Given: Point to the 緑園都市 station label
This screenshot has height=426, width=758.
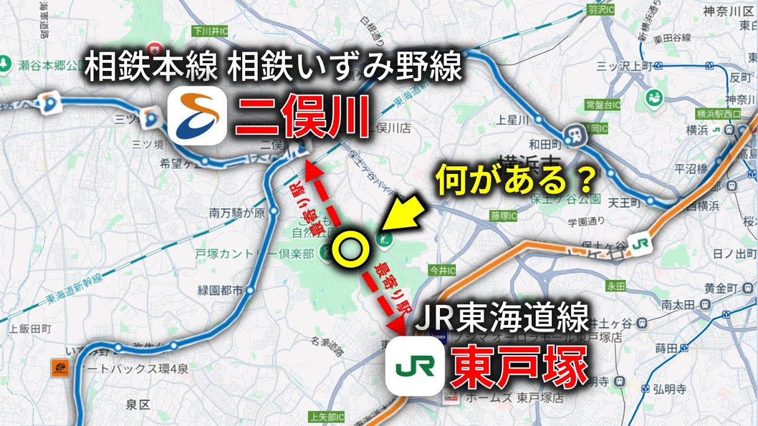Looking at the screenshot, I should (220, 291).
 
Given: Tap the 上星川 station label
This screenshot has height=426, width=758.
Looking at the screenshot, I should (513, 120).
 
